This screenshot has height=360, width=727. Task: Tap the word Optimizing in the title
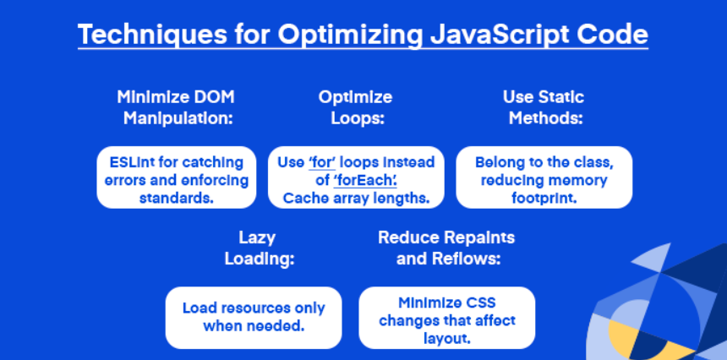351,35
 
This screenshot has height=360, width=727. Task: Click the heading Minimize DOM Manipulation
176,108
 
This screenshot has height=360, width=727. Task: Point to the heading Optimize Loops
356,108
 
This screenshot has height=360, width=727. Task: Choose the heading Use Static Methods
544,108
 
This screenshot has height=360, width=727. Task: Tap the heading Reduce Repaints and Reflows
447,248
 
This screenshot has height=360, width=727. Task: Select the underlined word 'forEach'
365,181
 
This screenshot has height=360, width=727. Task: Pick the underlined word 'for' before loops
322,162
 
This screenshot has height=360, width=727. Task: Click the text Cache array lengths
356,199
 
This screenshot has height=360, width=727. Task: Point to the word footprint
544,199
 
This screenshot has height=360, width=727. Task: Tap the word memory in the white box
582,181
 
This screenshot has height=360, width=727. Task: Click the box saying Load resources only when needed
254,318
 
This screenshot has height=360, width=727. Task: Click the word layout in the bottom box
447,339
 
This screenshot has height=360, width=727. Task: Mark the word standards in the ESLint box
176,199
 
